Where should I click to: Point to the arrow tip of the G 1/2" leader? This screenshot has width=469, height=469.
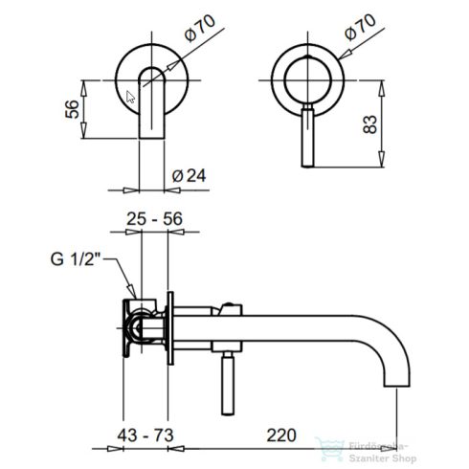(132, 294)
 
